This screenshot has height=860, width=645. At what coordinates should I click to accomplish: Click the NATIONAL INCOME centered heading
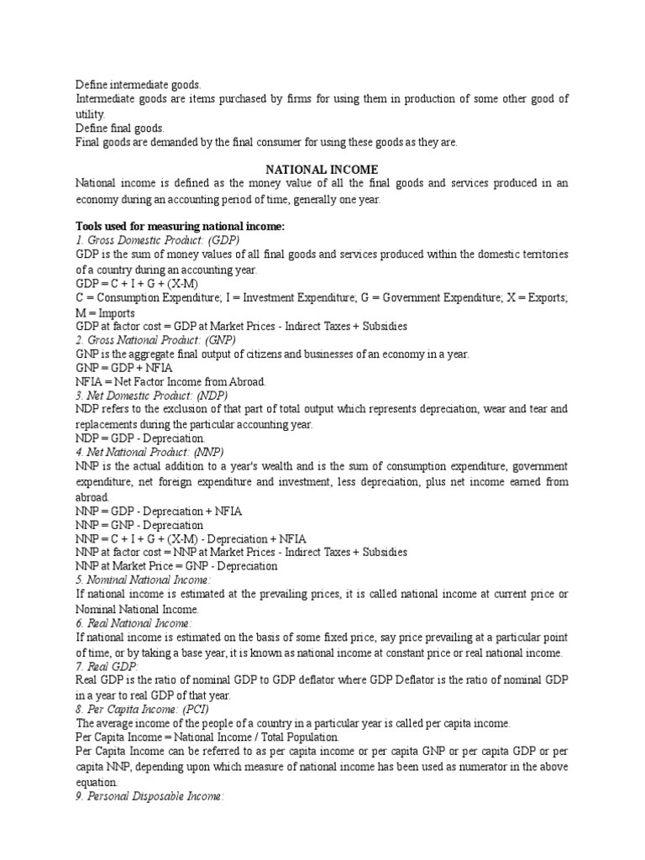tap(322, 170)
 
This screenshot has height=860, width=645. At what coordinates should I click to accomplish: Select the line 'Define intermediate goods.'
tap(139, 85)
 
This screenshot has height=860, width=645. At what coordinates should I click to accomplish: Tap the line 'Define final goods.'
tap(120, 128)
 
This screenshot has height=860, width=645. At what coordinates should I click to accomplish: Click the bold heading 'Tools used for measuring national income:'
tap(181, 226)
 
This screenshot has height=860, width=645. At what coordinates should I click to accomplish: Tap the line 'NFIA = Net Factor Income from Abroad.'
tap(170, 381)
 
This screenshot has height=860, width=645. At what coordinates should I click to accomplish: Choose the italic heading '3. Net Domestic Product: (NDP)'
tap(151, 395)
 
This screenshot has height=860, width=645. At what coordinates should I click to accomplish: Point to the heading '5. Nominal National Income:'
tap(143, 580)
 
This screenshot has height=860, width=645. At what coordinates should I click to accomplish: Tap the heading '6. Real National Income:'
tap(134, 623)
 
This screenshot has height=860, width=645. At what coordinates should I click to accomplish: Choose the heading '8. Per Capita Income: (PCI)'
tap(147, 709)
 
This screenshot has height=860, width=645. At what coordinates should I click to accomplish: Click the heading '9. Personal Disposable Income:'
tap(149, 794)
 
